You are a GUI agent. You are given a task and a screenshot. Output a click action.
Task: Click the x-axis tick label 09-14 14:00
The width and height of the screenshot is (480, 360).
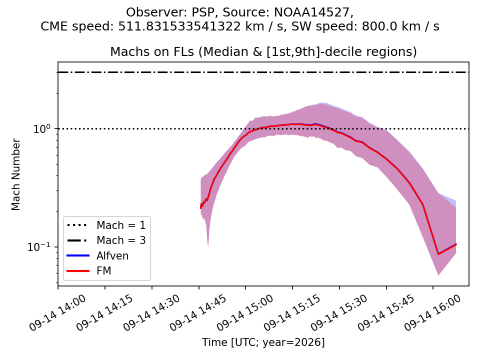[57, 313]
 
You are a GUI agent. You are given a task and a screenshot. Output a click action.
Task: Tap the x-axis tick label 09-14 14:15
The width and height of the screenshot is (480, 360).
[104, 313]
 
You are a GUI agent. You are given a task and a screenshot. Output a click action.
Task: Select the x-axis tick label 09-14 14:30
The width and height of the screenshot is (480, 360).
[151, 313]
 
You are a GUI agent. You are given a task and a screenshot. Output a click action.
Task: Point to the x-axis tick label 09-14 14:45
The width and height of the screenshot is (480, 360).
[198, 313]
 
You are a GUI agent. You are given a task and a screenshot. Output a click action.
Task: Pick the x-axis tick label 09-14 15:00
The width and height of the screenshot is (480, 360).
[245, 313]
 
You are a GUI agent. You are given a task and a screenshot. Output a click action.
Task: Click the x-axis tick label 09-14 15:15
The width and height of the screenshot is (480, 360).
[292, 313]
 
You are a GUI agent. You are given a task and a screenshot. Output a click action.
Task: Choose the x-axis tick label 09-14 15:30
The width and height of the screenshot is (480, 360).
[339, 313]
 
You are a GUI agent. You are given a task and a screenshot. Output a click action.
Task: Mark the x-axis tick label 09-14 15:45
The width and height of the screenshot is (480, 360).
[386, 313]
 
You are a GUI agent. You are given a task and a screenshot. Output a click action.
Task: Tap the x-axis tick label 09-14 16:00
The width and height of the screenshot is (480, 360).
[433, 313]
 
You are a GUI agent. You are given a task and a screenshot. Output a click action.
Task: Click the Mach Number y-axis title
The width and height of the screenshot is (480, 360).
[15, 174]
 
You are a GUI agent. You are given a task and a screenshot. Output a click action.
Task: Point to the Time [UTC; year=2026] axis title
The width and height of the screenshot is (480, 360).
[263, 342]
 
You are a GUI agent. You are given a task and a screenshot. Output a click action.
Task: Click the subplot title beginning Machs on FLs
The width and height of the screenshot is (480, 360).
[263, 51]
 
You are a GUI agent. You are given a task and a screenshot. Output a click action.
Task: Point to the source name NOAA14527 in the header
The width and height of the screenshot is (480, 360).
[311, 12]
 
